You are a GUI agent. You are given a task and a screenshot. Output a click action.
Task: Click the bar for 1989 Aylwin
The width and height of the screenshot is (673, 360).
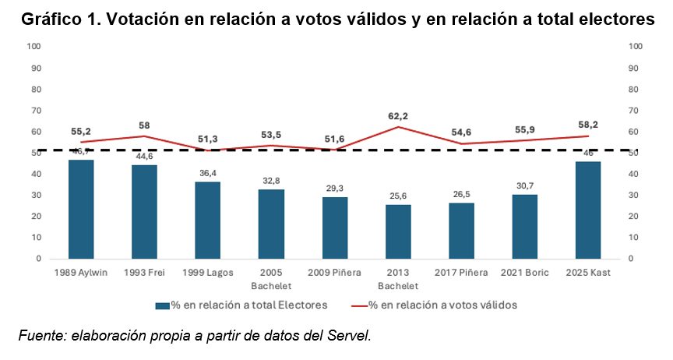[x=81, y=209]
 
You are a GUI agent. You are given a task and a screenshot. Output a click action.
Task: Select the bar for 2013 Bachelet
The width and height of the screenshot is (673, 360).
[x=398, y=231]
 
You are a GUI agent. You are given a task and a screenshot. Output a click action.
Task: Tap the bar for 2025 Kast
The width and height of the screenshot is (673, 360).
[x=588, y=210]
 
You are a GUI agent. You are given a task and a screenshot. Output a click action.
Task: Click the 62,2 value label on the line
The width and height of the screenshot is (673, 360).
[x=398, y=116]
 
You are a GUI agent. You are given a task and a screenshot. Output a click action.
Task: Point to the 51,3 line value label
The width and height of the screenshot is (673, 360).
[x=208, y=139]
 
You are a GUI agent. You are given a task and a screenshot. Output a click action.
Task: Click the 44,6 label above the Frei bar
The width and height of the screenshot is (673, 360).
[x=145, y=157]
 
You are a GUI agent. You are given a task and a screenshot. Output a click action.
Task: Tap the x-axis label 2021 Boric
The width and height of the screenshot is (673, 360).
[x=524, y=273]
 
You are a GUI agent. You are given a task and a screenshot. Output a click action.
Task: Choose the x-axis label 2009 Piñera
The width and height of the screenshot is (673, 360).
[x=334, y=273]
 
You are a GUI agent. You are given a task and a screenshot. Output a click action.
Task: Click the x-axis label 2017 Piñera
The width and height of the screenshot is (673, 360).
[x=461, y=273]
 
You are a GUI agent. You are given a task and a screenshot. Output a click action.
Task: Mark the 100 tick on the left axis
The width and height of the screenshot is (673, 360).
[x=33, y=47]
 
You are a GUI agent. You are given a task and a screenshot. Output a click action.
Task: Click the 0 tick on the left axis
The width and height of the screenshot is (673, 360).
[x=39, y=258]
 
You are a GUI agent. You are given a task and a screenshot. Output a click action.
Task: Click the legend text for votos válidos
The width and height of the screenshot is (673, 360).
[x=442, y=305]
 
